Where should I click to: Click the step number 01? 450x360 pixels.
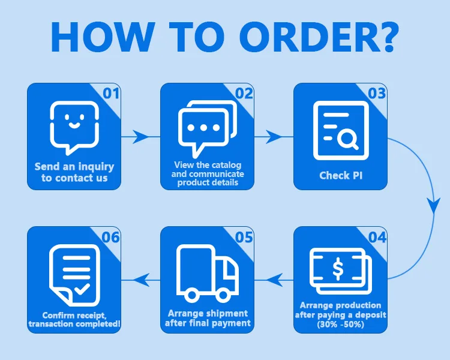pyautogui.click(x=111, y=94)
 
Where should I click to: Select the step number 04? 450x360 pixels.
pyautogui.click(x=377, y=238)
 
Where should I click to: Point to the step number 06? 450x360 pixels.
pyautogui.click(x=111, y=238)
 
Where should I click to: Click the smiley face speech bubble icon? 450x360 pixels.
pyautogui.click(x=74, y=126)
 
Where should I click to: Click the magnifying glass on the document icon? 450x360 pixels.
pyautogui.click(x=347, y=140)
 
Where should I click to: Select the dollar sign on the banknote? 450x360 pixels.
pyautogui.click(x=338, y=271)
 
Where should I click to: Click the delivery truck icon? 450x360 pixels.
pyautogui.click(x=208, y=273)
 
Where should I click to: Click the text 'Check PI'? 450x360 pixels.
pyautogui.click(x=340, y=176)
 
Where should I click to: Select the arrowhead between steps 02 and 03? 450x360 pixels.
pyautogui.click(x=275, y=137)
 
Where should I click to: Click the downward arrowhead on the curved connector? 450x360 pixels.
pyautogui.click(x=433, y=206)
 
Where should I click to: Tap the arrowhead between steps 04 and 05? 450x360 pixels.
pyautogui.click(x=275, y=278)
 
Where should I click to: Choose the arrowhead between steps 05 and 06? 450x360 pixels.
pyautogui.click(x=142, y=278)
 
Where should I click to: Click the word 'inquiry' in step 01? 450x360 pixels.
pyautogui.click(x=94, y=167)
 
